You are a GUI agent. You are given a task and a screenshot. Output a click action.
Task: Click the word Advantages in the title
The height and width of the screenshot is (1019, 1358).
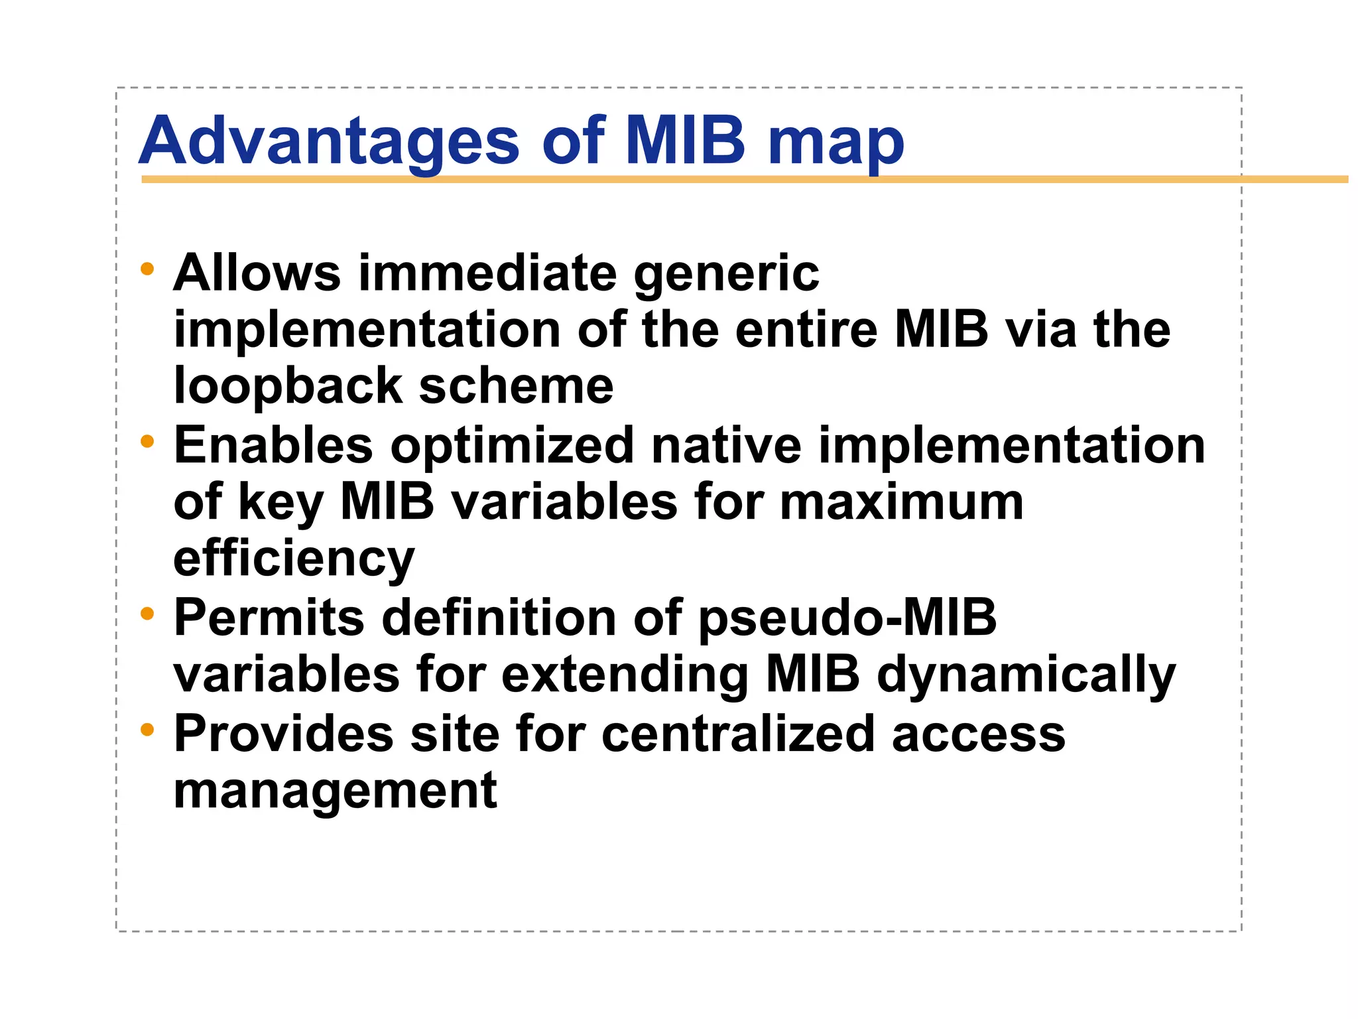[330, 141]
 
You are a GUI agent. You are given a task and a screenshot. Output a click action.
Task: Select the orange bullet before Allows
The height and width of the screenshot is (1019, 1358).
[147, 269]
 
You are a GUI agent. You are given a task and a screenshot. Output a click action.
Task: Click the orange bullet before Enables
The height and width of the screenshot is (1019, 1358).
[147, 441]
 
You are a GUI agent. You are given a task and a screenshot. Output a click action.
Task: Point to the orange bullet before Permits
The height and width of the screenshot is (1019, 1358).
[147, 614]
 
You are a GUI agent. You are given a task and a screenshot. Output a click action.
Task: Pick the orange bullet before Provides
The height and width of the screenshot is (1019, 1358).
[147, 730]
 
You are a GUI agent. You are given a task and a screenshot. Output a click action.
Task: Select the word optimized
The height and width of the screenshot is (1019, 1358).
[512, 446]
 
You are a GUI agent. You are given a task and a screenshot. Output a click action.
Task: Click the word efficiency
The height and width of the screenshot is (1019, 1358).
[294, 559]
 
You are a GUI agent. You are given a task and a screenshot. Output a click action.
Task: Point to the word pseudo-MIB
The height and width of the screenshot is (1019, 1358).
[847, 618]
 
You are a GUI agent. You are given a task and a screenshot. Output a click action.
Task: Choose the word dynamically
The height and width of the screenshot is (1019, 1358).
[1026, 675]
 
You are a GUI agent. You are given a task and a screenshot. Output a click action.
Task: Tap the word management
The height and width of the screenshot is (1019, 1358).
[335, 791]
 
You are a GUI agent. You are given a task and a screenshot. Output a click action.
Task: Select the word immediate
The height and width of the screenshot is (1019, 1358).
[487, 273]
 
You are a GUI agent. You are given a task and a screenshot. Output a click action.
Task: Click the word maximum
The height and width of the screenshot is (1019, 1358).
[901, 502]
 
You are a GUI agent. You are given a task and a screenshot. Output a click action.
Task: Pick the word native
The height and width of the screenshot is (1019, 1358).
[726, 445]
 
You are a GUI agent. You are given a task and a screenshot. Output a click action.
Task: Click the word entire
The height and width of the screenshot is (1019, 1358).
[806, 330]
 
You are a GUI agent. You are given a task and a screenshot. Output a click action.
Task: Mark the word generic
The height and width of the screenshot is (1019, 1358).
[726, 274]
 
